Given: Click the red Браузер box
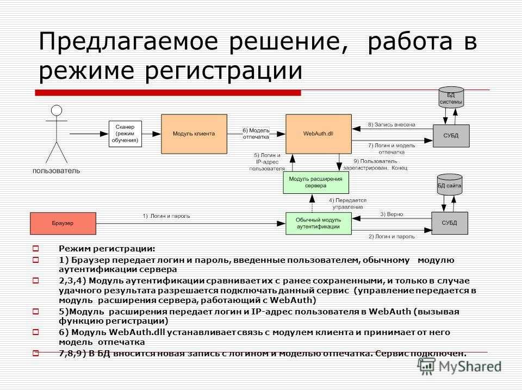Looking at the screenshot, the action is point(63,223).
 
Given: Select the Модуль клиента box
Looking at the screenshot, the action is point(194,134).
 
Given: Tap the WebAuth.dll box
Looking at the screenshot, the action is point(319,134).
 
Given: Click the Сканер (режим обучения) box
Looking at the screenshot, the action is point(125,134).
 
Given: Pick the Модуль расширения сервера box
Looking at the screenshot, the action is point(316,182).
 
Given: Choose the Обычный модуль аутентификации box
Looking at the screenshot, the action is point(319,223).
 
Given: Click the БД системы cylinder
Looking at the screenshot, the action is point(451,97).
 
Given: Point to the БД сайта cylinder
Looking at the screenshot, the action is point(450,184).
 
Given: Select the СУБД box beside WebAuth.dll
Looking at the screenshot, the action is point(451,136).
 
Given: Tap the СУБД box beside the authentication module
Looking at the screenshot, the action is point(450,223).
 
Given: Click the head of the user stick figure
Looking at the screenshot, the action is point(57,110).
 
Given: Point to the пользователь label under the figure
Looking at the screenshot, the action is point(56,171).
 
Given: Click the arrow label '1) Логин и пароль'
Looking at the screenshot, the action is point(166,216).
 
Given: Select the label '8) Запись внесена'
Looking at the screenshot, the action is point(391,125).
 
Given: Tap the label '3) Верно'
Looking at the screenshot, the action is point(391,215).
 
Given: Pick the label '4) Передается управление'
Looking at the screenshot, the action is point(347,204).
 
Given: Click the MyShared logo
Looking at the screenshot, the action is point(460,366).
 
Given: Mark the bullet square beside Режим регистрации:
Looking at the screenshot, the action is point(36,248).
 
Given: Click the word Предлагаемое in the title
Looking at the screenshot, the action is point(128,41).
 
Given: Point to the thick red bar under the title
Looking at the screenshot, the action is point(168,93).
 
